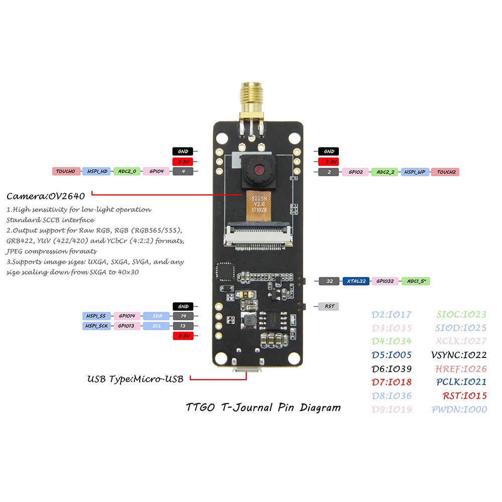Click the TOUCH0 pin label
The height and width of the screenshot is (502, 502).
[x=66, y=172]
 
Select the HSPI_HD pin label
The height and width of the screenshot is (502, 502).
[x=96, y=172]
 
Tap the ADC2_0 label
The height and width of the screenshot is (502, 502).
[x=127, y=172]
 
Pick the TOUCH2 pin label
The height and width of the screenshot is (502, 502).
[x=445, y=172]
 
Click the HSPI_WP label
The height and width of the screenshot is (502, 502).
[x=415, y=172]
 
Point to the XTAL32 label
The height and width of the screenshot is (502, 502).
[x=356, y=281]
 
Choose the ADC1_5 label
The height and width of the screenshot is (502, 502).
[x=415, y=281]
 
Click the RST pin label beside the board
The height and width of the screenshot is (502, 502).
[x=329, y=306]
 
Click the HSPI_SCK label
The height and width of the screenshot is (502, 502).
[x=96, y=326]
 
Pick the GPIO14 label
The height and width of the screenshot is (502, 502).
[x=127, y=316]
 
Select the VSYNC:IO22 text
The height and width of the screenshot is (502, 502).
[x=459, y=355]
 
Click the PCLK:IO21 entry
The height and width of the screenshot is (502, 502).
[x=461, y=383]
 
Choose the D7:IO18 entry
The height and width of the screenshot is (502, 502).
[x=391, y=383]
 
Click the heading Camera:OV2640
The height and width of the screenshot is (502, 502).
[x=46, y=195]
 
